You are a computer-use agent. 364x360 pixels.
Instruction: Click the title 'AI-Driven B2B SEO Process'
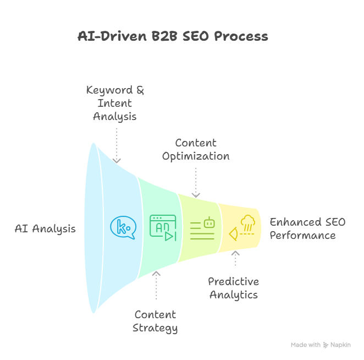point(173,37)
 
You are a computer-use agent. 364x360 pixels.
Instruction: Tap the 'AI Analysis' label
point(45,228)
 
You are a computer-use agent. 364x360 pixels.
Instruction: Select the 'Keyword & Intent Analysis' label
point(115,103)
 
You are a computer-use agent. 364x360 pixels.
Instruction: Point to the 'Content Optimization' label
point(195,150)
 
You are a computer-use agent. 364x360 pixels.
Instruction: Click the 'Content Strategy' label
point(156,321)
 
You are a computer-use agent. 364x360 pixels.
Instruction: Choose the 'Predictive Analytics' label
point(233,288)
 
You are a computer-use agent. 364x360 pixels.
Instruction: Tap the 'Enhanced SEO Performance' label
point(307,229)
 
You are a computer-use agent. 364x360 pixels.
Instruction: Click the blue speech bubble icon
point(123,227)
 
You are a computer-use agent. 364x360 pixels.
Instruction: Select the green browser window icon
point(163,228)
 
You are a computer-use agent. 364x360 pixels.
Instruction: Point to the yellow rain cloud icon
point(242,228)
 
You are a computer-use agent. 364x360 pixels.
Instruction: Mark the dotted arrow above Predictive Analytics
point(235,259)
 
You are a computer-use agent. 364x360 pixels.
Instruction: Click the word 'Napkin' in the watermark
point(340,345)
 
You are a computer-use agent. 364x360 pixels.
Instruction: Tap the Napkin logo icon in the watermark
point(326,345)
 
